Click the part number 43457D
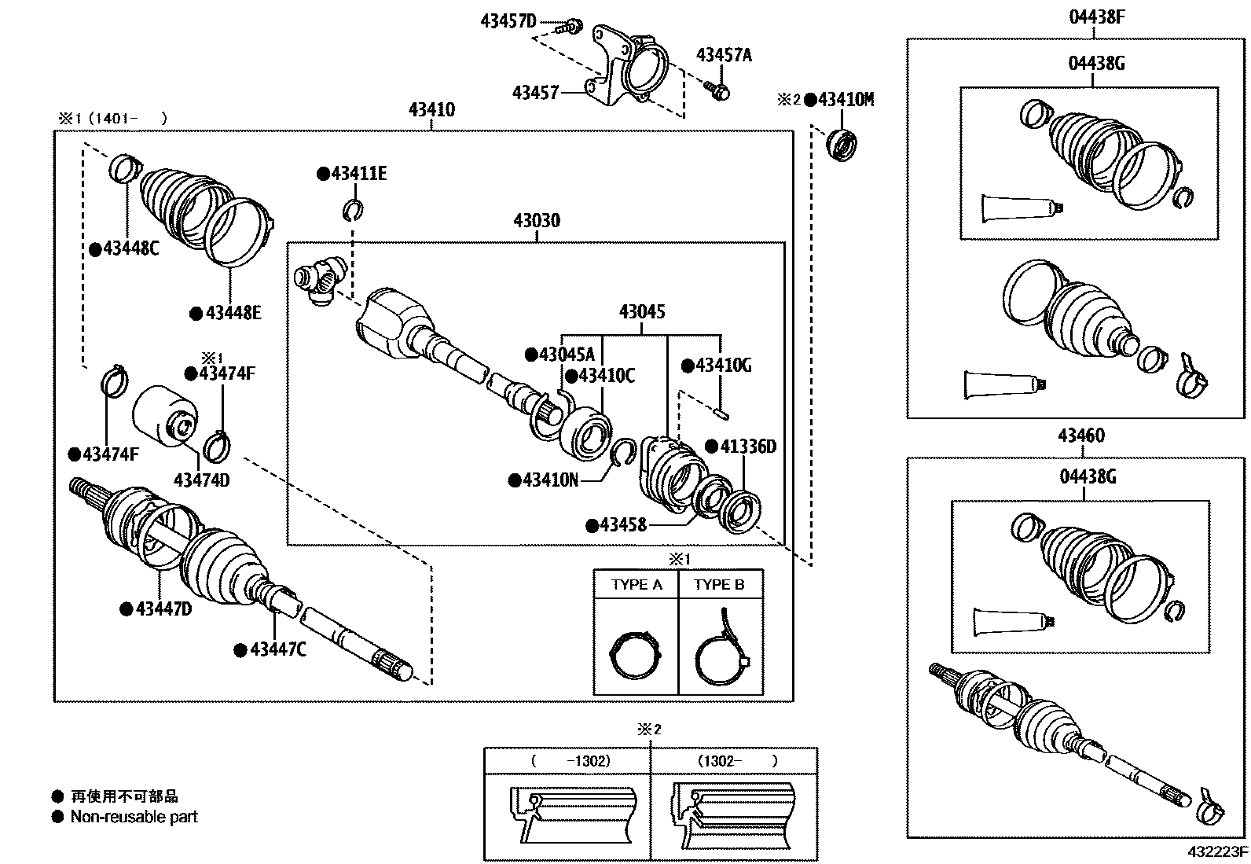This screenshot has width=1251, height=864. pyautogui.click(x=508, y=21)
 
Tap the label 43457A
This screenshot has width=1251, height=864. pyautogui.click(x=724, y=55)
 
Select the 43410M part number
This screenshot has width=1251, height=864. pyautogui.click(x=846, y=100)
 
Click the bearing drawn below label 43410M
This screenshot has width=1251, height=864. pyautogui.click(x=844, y=144)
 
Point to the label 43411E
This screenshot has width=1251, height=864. pyautogui.click(x=358, y=174)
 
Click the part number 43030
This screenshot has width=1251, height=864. pyautogui.click(x=537, y=221)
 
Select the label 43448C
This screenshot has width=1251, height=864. pyautogui.click(x=130, y=249)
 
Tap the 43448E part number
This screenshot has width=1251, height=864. pyautogui.click(x=233, y=313)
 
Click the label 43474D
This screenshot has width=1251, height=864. pyautogui.click(x=201, y=480)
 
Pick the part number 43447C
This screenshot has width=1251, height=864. pyautogui.click(x=277, y=649)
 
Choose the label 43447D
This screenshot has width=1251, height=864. pyautogui.click(x=163, y=608)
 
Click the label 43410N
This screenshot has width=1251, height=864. pyautogui.click(x=549, y=479)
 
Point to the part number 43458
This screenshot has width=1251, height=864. pyautogui.click(x=622, y=524)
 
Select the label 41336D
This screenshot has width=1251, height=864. pyautogui.click(x=749, y=447)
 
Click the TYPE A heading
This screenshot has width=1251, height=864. pyautogui.click(x=636, y=585)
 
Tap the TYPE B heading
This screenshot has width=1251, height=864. pyautogui.click(x=719, y=585)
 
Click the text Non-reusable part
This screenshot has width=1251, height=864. pyautogui.click(x=134, y=817)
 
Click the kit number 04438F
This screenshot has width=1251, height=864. pyautogui.click(x=1096, y=16)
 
